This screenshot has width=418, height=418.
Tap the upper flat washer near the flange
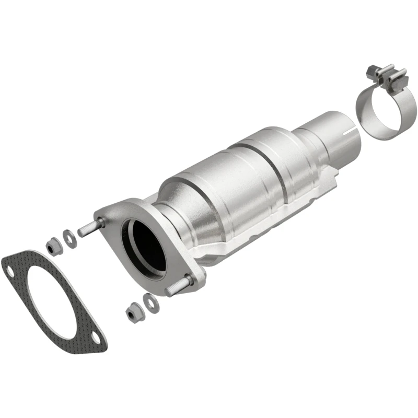pos(68,236)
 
